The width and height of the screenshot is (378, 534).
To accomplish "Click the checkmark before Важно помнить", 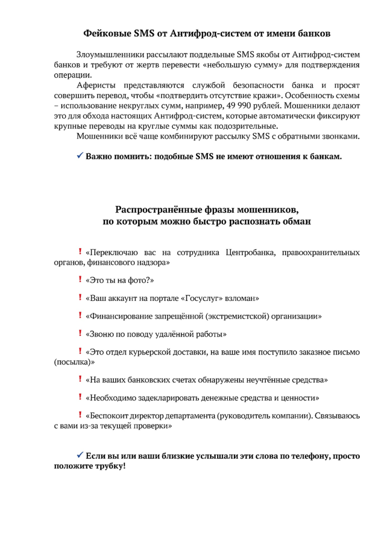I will (80, 155).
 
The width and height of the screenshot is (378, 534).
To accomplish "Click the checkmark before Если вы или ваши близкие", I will (80, 455).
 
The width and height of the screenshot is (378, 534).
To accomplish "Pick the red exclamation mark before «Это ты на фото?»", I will (80, 281).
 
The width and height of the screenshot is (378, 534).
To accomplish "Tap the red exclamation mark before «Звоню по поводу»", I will (80, 333).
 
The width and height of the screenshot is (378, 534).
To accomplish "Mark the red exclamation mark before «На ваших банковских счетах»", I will (80, 380).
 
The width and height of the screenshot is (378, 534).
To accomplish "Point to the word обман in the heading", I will (296, 222).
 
